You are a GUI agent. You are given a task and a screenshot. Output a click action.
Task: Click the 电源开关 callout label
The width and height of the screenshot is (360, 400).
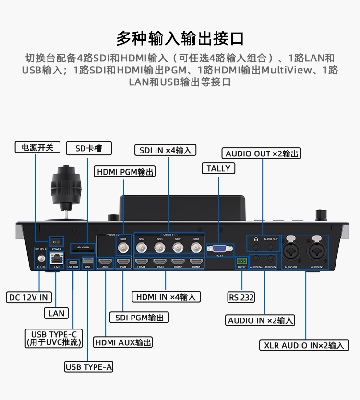(x=37, y=147)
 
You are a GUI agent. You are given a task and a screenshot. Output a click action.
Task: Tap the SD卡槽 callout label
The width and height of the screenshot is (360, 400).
(x=88, y=148)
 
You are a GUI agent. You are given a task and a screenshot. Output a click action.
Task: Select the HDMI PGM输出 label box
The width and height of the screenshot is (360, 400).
(x=125, y=172)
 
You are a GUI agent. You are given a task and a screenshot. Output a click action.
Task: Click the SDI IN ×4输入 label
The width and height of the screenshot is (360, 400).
(x=165, y=150)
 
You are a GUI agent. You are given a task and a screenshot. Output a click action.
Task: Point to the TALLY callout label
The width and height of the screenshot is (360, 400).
(x=218, y=168)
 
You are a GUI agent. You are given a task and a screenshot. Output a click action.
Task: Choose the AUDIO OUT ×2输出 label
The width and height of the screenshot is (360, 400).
(x=262, y=153)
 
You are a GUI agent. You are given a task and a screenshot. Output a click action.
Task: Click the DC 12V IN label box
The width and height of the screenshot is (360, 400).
(x=29, y=297)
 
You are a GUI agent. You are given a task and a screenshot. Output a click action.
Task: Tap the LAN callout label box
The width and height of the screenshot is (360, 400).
(x=57, y=313)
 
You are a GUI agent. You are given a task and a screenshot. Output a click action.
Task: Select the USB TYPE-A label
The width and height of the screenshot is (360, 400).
(x=89, y=367)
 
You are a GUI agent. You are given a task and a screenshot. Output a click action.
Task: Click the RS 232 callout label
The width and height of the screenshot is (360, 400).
(x=241, y=297)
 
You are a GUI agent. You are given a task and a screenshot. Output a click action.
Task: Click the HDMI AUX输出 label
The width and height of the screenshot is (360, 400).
(x=123, y=342)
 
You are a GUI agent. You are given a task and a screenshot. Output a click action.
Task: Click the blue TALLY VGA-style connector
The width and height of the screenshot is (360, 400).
(x=219, y=248)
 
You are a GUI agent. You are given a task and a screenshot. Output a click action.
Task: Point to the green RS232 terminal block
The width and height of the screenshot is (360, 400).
(x=241, y=261)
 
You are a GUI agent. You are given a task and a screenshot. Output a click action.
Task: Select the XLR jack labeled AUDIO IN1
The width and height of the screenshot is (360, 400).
(x=316, y=249)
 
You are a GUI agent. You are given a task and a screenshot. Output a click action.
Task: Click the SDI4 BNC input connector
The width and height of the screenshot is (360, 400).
(x=142, y=247)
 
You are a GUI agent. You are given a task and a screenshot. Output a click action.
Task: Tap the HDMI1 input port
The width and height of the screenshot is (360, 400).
(x=195, y=262)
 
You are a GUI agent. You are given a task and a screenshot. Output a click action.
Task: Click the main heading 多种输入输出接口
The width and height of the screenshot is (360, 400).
(x=180, y=38)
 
